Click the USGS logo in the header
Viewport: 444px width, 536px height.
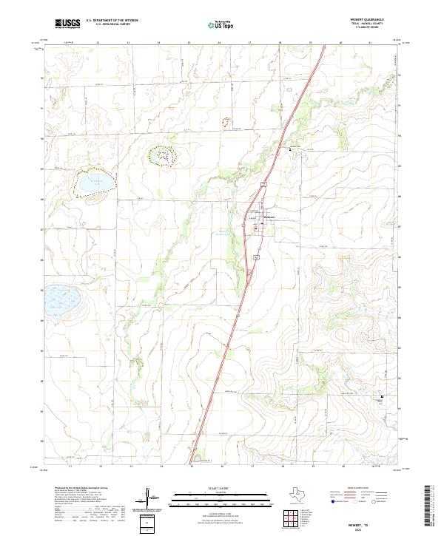67,24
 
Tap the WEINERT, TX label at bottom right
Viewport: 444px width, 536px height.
369,523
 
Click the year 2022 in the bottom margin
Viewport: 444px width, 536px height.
369,529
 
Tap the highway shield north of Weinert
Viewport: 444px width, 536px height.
262,182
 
